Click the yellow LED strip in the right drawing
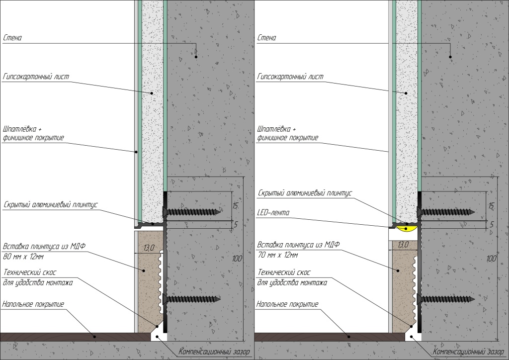click(408, 228)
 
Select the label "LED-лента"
click(274, 213)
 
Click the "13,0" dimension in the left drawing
click(148, 248)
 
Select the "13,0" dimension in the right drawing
click(403, 245)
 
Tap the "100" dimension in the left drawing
click(238, 258)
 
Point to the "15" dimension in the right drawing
click(491, 205)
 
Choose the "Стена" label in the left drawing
click(12, 38)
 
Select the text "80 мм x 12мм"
click(23, 257)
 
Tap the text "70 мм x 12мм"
click(278, 256)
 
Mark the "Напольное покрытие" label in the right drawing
click(288, 304)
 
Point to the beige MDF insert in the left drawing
click(147, 288)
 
